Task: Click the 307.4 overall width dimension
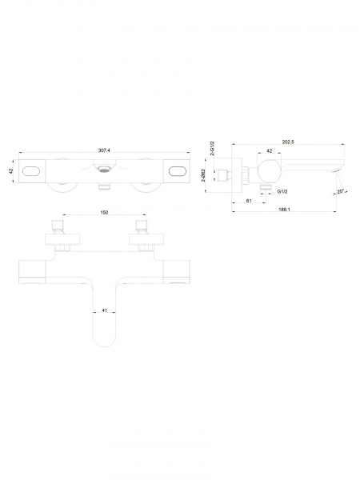click(104, 150)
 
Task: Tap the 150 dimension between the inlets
click(104, 213)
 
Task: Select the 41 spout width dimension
click(104, 310)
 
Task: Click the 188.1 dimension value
click(284, 210)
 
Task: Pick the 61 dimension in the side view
click(249, 201)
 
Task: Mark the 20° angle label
click(340, 191)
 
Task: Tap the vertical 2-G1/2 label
click(213, 149)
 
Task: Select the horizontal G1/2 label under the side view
click(282, 192)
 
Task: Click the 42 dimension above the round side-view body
click(270, 151)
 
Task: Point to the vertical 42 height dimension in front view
click(10, 171)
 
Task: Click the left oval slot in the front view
click(31, 171)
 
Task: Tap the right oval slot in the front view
click(178, 171)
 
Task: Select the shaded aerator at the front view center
click(104, 168)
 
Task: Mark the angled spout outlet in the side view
click(338, 170)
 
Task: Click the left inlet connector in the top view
click(58, 225)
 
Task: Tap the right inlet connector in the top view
click(142, 225)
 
